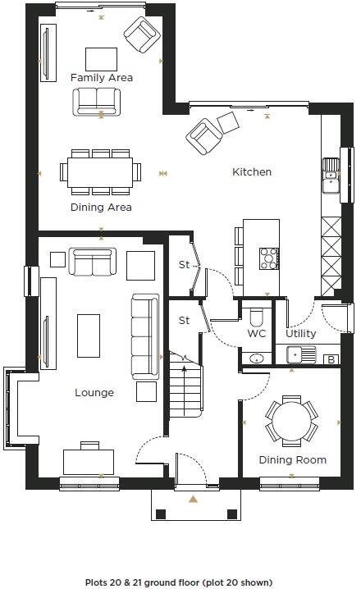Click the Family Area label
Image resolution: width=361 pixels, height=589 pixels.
click(102, 78)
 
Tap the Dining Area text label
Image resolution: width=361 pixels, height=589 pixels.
click(101, 207)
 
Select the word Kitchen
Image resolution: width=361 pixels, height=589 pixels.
click(252, 172)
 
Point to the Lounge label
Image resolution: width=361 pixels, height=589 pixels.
click(94, 393)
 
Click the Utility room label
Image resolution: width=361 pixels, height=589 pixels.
click(300, 334)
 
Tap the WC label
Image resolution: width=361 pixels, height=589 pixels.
click(257, 334)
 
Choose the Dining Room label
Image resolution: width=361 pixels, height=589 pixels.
click(292, 460)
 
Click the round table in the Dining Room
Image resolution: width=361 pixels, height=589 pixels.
click(291, 422)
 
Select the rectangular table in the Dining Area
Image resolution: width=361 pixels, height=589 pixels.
click(101, 172)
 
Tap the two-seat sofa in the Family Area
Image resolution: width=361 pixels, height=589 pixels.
click(96, 101)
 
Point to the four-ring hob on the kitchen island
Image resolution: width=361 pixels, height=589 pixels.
click(269, 259)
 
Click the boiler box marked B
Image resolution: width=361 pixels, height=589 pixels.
click(331, 358)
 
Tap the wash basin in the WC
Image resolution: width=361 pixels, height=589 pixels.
click(255, 358)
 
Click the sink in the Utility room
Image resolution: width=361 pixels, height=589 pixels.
click(300, 355)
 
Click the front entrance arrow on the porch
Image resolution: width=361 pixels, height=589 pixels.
click(193, 499)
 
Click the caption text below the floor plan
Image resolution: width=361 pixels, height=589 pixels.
click(180, 582)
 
